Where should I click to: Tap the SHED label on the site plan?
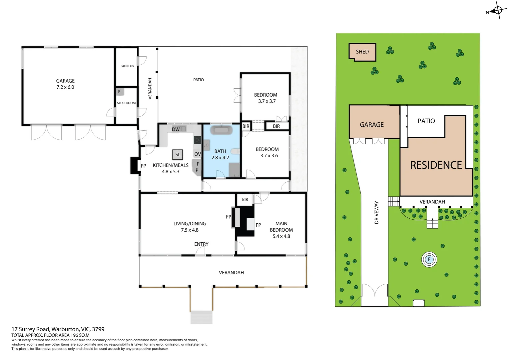coord(362,52)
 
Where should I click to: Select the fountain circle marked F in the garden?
coord(429,259)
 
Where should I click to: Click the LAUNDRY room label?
coord(127,66)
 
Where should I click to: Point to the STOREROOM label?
coord(126,103)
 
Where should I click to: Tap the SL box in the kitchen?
coord(178,155)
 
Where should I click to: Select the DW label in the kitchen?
coord(176,129)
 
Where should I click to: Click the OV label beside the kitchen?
coord(198,154)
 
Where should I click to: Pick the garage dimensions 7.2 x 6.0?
coord(65,87)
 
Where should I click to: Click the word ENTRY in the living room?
coord(201,244)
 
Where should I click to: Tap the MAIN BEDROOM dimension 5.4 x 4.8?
coord(281,236)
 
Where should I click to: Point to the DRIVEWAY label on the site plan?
coord(376,212)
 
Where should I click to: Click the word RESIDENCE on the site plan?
coord(436,165)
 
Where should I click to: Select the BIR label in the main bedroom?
coord(245,199)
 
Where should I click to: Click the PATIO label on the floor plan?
coord(199,80)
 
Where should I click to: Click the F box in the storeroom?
coord(119,92)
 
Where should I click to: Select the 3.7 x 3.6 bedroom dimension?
coord(269,156)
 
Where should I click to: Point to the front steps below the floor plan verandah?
coord(201,317)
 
